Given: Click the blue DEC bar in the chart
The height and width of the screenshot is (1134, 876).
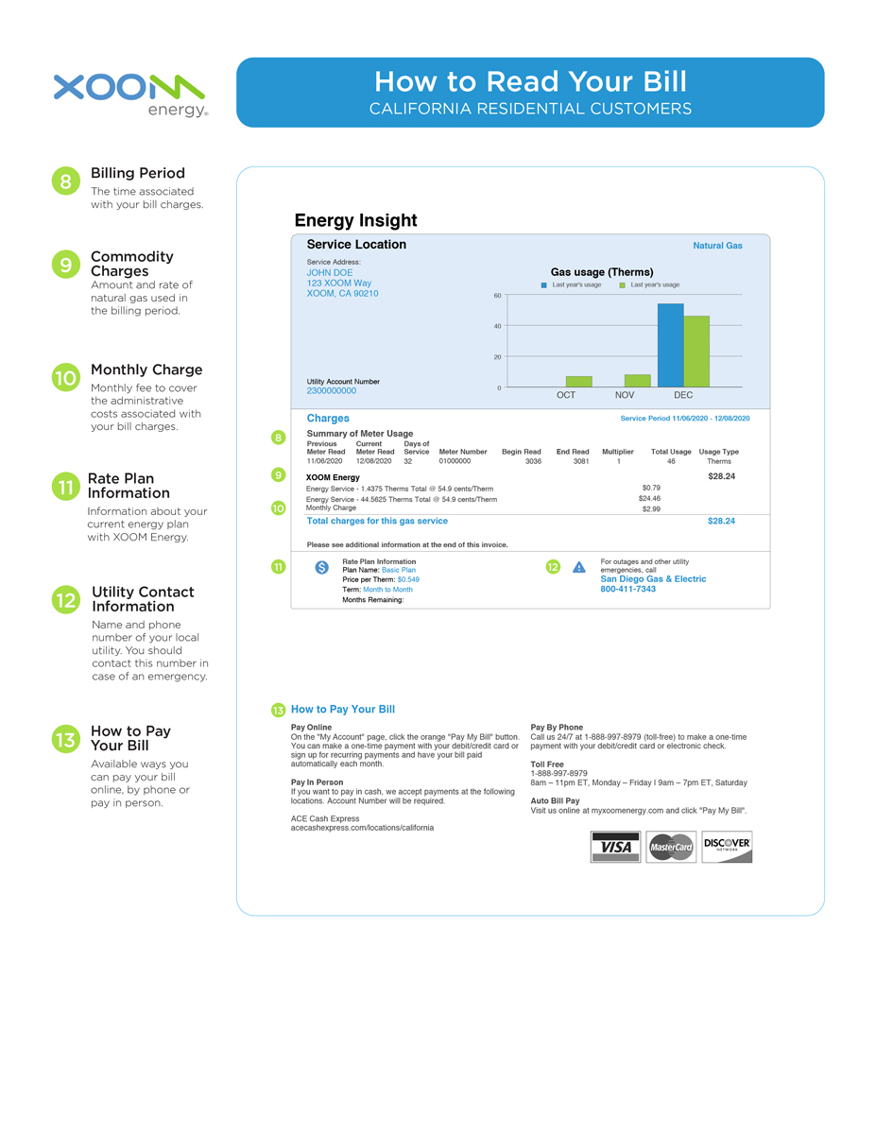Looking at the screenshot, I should tap(670, 345).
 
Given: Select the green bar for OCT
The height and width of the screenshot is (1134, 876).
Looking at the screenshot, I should tap(578, 382).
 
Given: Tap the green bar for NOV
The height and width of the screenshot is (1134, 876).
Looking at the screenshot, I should tap(637, 381).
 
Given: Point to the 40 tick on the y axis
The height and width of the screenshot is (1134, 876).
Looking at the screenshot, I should tap(497, 326).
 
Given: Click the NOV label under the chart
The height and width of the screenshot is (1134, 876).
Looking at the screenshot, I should tap(625, 395).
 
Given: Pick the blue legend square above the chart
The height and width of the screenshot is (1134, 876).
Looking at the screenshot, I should tap(544, 284).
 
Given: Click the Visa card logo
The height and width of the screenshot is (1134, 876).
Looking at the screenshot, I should tap(615, 847).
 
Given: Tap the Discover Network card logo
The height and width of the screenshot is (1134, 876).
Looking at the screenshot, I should tap(727, 847).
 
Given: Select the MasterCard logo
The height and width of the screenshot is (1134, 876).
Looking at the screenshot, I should tap(671, 847).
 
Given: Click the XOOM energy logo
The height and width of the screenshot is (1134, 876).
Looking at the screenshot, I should tap(129, 94).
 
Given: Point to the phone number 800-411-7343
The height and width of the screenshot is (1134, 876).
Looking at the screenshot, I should tap(627, 590).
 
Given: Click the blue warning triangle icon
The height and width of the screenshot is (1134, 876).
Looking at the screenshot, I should tap(579, 567).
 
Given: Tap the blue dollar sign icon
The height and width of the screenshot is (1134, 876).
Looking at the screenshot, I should tap(321, 568).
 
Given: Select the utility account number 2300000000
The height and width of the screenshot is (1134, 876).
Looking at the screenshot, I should tap(332, 390).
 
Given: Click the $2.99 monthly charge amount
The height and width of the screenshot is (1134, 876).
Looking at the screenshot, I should tap(650, 508).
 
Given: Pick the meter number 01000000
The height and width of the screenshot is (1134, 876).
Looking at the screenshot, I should tap(455, 461).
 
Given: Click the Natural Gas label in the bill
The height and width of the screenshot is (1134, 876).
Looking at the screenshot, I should tap(717, 246).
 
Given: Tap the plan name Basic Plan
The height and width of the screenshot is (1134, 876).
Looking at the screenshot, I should tap(399, 570).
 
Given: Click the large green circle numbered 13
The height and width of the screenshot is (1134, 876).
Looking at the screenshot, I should tap(65, 740).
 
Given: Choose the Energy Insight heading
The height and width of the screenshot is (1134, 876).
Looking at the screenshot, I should tap(355, 220).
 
